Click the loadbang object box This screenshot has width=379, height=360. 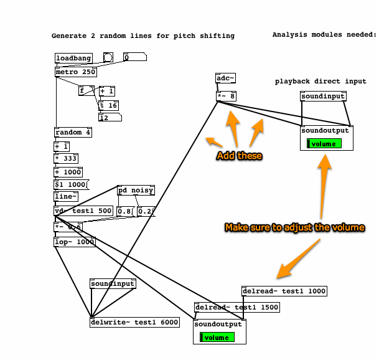[x=73, y=59]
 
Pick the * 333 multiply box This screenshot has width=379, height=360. [x=66, y=159]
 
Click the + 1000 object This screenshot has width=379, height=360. [x=68, y=172]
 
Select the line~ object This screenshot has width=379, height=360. [x=65, y=197]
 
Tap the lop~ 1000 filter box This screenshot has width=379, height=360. [x=75, y=242]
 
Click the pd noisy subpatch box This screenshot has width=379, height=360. [x=136, y=191]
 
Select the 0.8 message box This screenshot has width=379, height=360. [x=125, y=211]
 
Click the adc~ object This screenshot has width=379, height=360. [x=225, y=78]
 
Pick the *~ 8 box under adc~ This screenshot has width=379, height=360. [x=226, y=96]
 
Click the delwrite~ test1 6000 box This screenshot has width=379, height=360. [x=135, y=322]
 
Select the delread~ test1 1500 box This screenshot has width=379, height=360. [x=237, y=307]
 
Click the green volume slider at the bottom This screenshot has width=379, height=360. [x=217, y=338]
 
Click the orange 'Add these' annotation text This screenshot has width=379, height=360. [x=240, y=156]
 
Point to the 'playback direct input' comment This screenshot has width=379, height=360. [x=321, y=82]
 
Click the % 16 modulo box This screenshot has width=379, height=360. [x=108, y=105]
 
